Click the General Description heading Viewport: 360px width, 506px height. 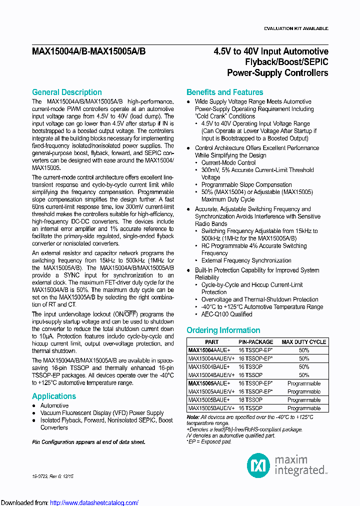point(66,92)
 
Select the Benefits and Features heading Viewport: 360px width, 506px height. point(224,92)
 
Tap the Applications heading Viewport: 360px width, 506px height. point(54,396)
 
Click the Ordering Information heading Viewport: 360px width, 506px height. point(223,330)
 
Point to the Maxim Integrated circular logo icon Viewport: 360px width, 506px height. point(258,465)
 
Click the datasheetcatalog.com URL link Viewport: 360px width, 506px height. point(94,502)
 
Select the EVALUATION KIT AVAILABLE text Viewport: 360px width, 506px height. point(295,28)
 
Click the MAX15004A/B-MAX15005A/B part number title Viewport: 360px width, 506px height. point(89,51)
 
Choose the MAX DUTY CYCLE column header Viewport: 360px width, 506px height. point(303,342)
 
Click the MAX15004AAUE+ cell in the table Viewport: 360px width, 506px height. point(209,350)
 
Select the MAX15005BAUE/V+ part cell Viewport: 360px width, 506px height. point(211,408)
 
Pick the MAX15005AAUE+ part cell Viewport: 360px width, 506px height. point(209,383)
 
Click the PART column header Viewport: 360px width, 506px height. point(211,342)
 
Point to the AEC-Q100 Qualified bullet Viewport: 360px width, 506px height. point(226,314)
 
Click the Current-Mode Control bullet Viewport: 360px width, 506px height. point(228,162)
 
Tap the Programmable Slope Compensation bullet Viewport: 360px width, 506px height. point(246,184)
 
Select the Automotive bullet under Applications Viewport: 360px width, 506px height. point(54,405)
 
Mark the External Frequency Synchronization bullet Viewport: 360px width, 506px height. point(246,260)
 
